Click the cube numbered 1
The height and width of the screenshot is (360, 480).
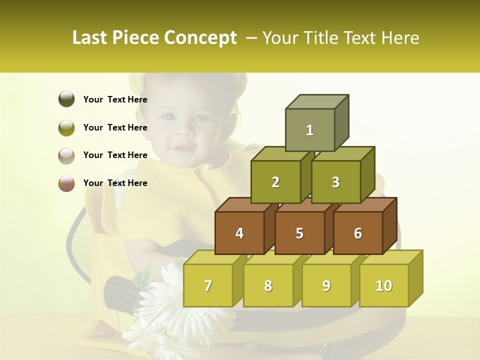coord(310,130)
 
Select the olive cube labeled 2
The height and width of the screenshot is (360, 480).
coord(275,182)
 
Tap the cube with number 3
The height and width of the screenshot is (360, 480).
coord(335,182)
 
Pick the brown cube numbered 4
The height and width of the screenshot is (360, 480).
coord(239,233)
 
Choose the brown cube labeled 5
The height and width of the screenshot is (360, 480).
coord(299,233)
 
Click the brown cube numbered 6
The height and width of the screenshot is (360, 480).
coord(358,233)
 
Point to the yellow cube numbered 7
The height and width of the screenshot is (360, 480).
coord(208,285)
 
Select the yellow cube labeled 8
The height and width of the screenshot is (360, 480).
coord(268,285)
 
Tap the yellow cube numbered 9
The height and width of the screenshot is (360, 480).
coord(326,285)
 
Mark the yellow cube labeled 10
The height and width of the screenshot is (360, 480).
coord(384,285)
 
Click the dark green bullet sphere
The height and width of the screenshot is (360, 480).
coord(66,99)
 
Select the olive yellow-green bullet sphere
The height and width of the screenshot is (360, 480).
coord(66,127)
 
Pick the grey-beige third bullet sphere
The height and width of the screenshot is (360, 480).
coord(66,155)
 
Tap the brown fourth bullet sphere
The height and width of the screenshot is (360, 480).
coord(66,183)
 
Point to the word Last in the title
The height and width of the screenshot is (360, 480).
coord(90,38)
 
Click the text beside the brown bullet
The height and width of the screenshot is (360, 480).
coord(115,183)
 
